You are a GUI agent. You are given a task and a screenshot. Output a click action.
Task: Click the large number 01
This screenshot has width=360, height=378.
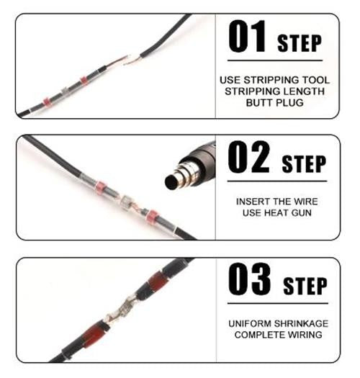pyautogui.click(x=247, y=36)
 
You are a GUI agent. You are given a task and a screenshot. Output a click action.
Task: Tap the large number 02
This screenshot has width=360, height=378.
pyautogui.click(x=248, y=157)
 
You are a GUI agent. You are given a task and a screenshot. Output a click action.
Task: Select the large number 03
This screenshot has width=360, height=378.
pyautogui.click(x=249, y=279)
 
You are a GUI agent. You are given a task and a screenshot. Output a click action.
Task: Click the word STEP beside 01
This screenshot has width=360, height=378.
pyautogui.click(x=300, y=43)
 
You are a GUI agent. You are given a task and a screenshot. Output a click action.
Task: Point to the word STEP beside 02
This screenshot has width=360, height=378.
pyautogui.click(x=304, y=164)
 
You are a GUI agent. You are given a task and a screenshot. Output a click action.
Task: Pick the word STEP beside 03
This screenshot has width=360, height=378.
pyautogui.click(x=305, y=286)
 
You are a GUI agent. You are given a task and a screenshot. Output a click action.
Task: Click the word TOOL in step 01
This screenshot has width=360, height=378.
pyautogui.click(x=316, y=80)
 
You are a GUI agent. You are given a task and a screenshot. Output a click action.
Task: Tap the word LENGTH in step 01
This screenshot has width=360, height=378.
pyautogui.click(x=304, y=91)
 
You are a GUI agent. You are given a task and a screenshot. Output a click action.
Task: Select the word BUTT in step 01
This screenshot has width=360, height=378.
pyautogui.click(x=259, y=103)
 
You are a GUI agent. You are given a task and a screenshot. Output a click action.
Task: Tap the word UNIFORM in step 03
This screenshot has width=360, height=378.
pyautogui.click(x=250, y=323)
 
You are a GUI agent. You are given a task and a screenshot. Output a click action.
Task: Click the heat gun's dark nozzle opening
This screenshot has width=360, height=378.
pyautogui.click(x=171, y=182)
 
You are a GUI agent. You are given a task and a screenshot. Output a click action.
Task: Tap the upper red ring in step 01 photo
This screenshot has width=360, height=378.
pyautogui.click(x=84, y=80)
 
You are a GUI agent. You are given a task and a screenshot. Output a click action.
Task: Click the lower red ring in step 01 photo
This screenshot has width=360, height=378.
pyautogui.click(x=46, y=102)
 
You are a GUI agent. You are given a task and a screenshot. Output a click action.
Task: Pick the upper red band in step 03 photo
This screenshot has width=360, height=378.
pyautogui.click(x=156, y=281)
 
